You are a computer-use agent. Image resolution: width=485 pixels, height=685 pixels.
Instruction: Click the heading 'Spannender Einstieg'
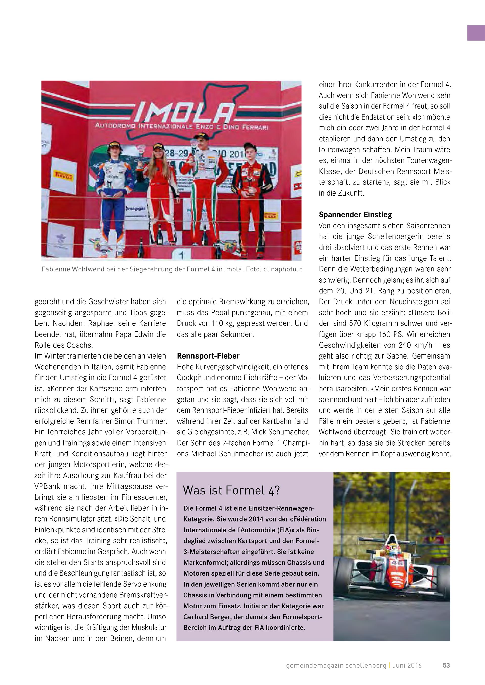[355, 215]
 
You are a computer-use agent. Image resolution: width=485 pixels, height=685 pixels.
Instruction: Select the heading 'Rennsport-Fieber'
[208, 356]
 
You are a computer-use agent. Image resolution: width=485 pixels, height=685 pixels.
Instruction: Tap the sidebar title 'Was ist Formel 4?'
[231, 490]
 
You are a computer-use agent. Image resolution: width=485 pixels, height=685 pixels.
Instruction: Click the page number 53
[446, 665]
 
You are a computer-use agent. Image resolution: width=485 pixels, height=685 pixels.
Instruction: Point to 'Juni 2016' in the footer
[407, 665]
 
